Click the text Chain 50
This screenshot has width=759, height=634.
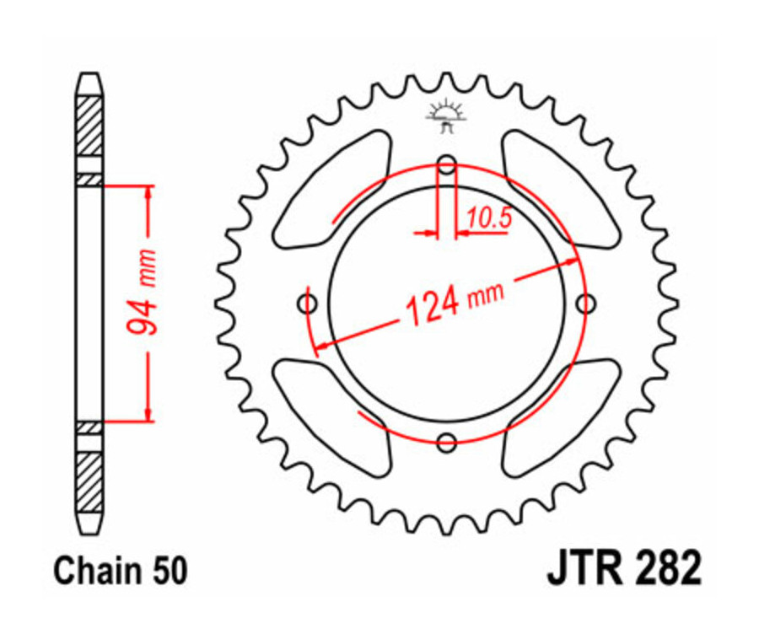click(x=121, y=572)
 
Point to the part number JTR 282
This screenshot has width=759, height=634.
click(x=623, y=570)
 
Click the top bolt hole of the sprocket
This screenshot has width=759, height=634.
click(x=447, y=164)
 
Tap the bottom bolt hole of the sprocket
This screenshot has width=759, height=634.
click(x=447, y=441)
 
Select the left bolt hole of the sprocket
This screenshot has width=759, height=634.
click(x=308, y=303)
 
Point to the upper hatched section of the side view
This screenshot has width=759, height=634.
click(x=89, y=126)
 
